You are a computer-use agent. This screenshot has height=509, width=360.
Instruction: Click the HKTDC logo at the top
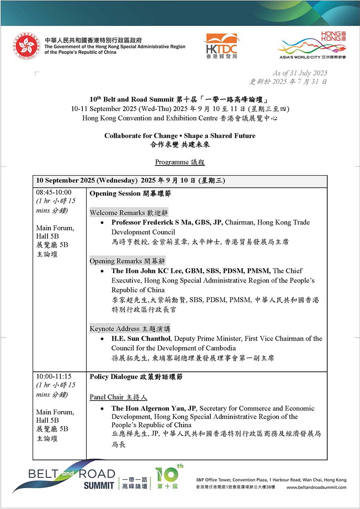point(221,46)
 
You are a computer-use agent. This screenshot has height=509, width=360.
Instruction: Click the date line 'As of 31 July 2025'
point(300,73)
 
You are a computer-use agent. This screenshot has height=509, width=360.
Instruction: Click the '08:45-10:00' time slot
point(54,192)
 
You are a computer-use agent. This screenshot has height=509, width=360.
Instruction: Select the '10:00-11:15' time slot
point(54,376)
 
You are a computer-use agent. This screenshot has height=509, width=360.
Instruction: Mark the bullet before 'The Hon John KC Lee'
point(103,271)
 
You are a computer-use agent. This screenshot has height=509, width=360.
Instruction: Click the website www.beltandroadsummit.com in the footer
point(316,487)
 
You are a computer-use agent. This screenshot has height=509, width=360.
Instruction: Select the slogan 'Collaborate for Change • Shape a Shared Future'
point(180,136)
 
